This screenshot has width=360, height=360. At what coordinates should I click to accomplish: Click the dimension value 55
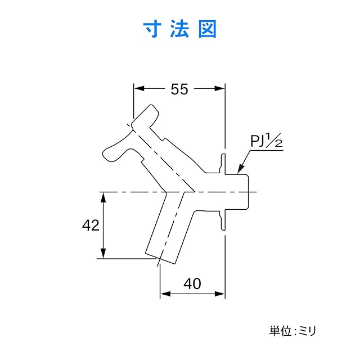coord(179,89)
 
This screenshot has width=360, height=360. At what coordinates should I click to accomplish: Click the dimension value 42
coord(91,226)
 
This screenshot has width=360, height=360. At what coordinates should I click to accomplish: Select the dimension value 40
coord(192,284)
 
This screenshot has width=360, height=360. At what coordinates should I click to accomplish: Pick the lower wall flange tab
coord(223,220)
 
